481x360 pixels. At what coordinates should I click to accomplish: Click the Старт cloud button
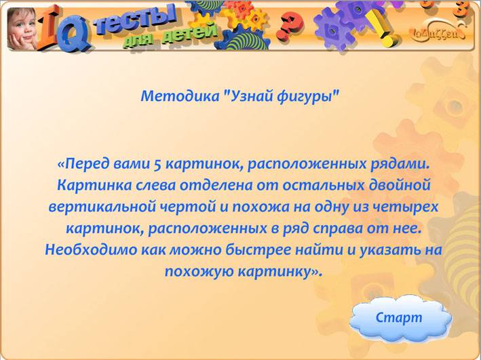coord(400,319)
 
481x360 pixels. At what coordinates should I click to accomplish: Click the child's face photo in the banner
coord(22,29)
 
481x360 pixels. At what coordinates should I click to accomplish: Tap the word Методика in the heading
coord(180,96)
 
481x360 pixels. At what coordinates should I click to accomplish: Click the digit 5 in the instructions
coord(157,164)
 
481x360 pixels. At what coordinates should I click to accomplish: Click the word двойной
coord(400,186)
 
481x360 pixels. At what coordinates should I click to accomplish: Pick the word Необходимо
coord(91,249)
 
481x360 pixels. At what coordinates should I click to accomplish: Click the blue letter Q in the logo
coord(74,36)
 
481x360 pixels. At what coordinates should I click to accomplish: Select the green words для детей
coord(171,36)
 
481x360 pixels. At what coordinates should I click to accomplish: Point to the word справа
coord(337,229)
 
